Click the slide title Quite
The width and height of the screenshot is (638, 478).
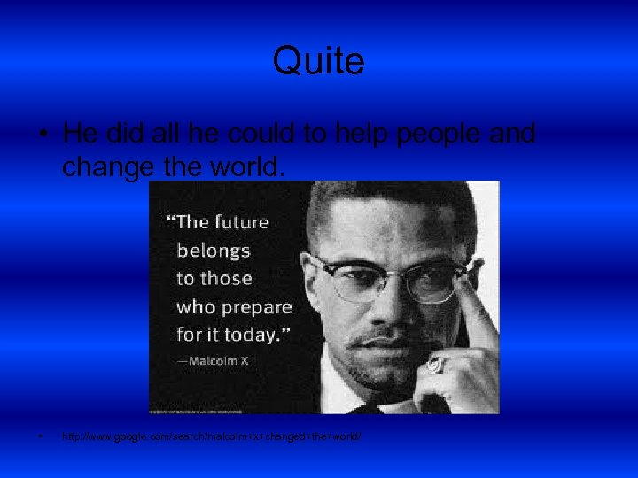point(318,61)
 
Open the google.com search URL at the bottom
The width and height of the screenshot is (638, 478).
point(212,438)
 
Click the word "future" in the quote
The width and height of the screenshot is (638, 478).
point(239,222)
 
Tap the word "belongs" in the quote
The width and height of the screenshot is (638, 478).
point(214,251)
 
